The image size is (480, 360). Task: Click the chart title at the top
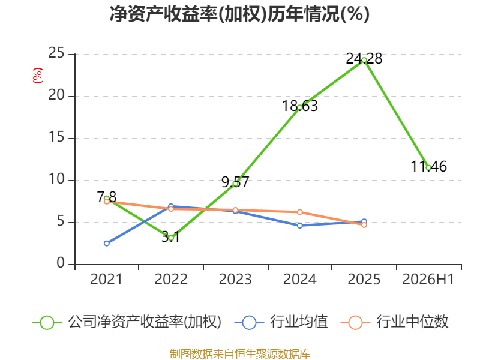239,14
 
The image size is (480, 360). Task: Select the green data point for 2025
364,61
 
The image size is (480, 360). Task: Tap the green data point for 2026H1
428,168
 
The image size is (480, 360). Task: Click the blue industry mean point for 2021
107,244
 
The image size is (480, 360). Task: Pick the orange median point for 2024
299,212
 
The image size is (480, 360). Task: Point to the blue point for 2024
299,226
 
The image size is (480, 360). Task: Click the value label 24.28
364,58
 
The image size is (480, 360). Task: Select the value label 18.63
299,106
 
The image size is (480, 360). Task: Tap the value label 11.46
428,167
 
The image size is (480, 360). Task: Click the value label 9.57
235,182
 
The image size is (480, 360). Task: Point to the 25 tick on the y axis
56,53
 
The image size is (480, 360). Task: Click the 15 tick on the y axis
56,137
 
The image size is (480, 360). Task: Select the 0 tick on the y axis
61,263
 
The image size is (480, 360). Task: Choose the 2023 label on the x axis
235,279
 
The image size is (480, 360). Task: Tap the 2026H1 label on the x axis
428,279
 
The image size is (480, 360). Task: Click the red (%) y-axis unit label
38,76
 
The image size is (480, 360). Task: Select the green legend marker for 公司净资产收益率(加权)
47,323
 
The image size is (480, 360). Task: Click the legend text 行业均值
299,322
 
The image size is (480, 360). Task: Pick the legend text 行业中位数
412,322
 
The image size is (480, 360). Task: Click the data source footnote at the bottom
240,354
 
